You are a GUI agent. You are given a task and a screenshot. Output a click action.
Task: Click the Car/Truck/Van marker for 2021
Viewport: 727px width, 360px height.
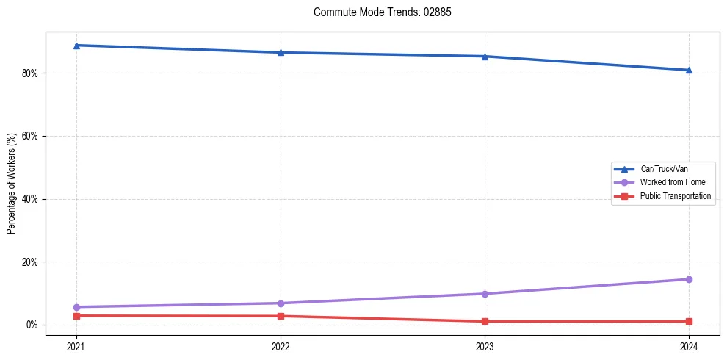pos(76,46)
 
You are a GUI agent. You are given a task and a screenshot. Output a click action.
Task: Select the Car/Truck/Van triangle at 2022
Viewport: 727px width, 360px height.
pos(281,52)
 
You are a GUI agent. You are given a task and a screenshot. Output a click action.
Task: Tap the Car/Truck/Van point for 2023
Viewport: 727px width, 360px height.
pos(485,56)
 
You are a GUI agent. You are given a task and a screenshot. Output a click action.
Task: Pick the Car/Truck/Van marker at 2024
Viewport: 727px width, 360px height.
pos(689,70)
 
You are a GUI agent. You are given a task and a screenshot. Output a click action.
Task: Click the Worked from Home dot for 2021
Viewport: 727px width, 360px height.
pos(76,307)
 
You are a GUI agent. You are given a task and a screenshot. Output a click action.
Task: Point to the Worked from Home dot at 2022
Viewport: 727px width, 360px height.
pos(281,303)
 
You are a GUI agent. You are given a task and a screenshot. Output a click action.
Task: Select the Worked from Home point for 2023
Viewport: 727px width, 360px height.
pos(485,294)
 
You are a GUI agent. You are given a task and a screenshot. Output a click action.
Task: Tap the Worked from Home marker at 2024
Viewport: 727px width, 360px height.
pos(689,279)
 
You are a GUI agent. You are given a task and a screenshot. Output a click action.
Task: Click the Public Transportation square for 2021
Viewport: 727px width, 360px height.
pos(76,316)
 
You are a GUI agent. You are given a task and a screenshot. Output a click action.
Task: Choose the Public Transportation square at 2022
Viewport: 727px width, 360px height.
pos(281,316)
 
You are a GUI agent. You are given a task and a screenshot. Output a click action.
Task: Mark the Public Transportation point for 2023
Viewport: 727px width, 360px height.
pos(485,321)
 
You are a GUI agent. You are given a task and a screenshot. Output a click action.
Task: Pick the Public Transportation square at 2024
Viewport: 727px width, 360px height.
pos(689,321)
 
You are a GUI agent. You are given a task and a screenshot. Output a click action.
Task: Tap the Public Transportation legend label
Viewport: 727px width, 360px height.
pos(675,196)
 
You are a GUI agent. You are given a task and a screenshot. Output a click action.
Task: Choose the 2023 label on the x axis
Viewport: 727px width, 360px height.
pos(485,345)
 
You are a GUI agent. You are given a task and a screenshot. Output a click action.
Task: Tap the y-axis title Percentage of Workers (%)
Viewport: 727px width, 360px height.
pos(12,184)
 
